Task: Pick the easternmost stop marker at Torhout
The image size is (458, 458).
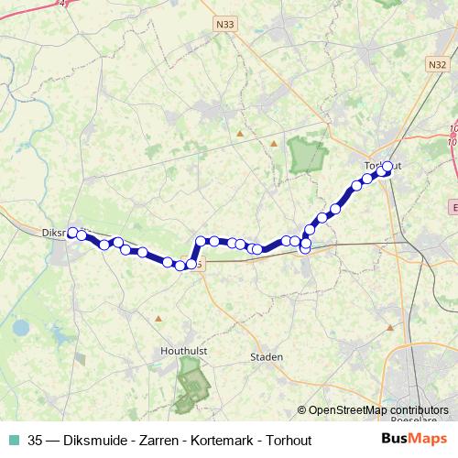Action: tap(387, 166)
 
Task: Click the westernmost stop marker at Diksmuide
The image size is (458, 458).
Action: tap(72, 233)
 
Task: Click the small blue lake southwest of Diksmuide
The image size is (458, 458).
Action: tap(20, 327)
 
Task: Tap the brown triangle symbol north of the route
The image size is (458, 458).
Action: tap(240, 134)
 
